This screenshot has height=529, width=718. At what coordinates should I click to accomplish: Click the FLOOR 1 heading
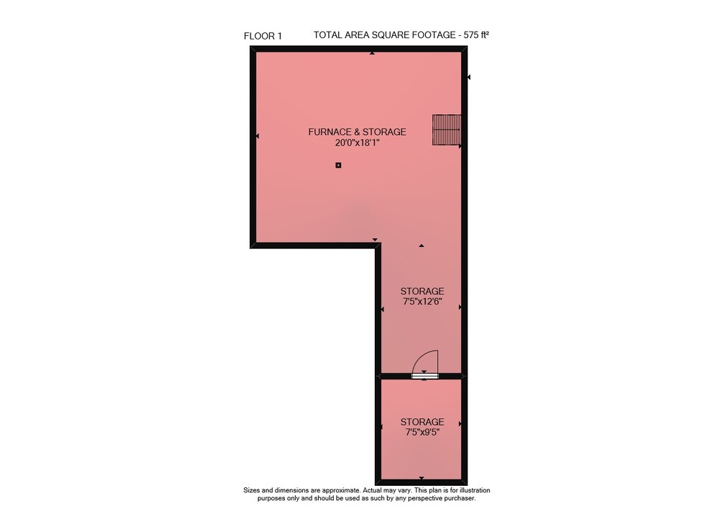point(263,36)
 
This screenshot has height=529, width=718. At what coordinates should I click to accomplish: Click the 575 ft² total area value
point(476,34)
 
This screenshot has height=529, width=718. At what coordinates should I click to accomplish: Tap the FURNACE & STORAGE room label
point(357,132)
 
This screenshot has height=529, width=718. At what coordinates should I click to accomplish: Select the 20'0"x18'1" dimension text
point(357,143)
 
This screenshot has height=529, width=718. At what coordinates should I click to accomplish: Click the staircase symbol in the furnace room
point(447,130)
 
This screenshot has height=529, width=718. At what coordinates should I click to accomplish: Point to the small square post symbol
point(338,165)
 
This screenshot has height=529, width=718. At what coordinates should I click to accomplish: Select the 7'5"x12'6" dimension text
point(422,302)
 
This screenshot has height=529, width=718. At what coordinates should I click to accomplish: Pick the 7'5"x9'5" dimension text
point(422,432)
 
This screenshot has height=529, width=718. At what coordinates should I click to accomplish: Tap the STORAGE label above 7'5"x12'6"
point(422,291)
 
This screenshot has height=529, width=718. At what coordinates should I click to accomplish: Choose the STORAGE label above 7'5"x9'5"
point(422,422)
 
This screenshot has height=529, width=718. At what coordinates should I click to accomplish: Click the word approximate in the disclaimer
point(341,490)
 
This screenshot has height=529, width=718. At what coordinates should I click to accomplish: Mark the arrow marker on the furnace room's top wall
point(372,53)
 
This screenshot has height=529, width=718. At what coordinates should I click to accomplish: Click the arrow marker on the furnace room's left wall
point(257,136)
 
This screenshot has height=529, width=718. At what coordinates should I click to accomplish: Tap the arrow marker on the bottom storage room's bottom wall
point(421,478)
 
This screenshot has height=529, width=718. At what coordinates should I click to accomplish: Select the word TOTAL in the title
point(327,34)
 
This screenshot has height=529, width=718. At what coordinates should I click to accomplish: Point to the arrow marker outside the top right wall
point(469,78)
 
